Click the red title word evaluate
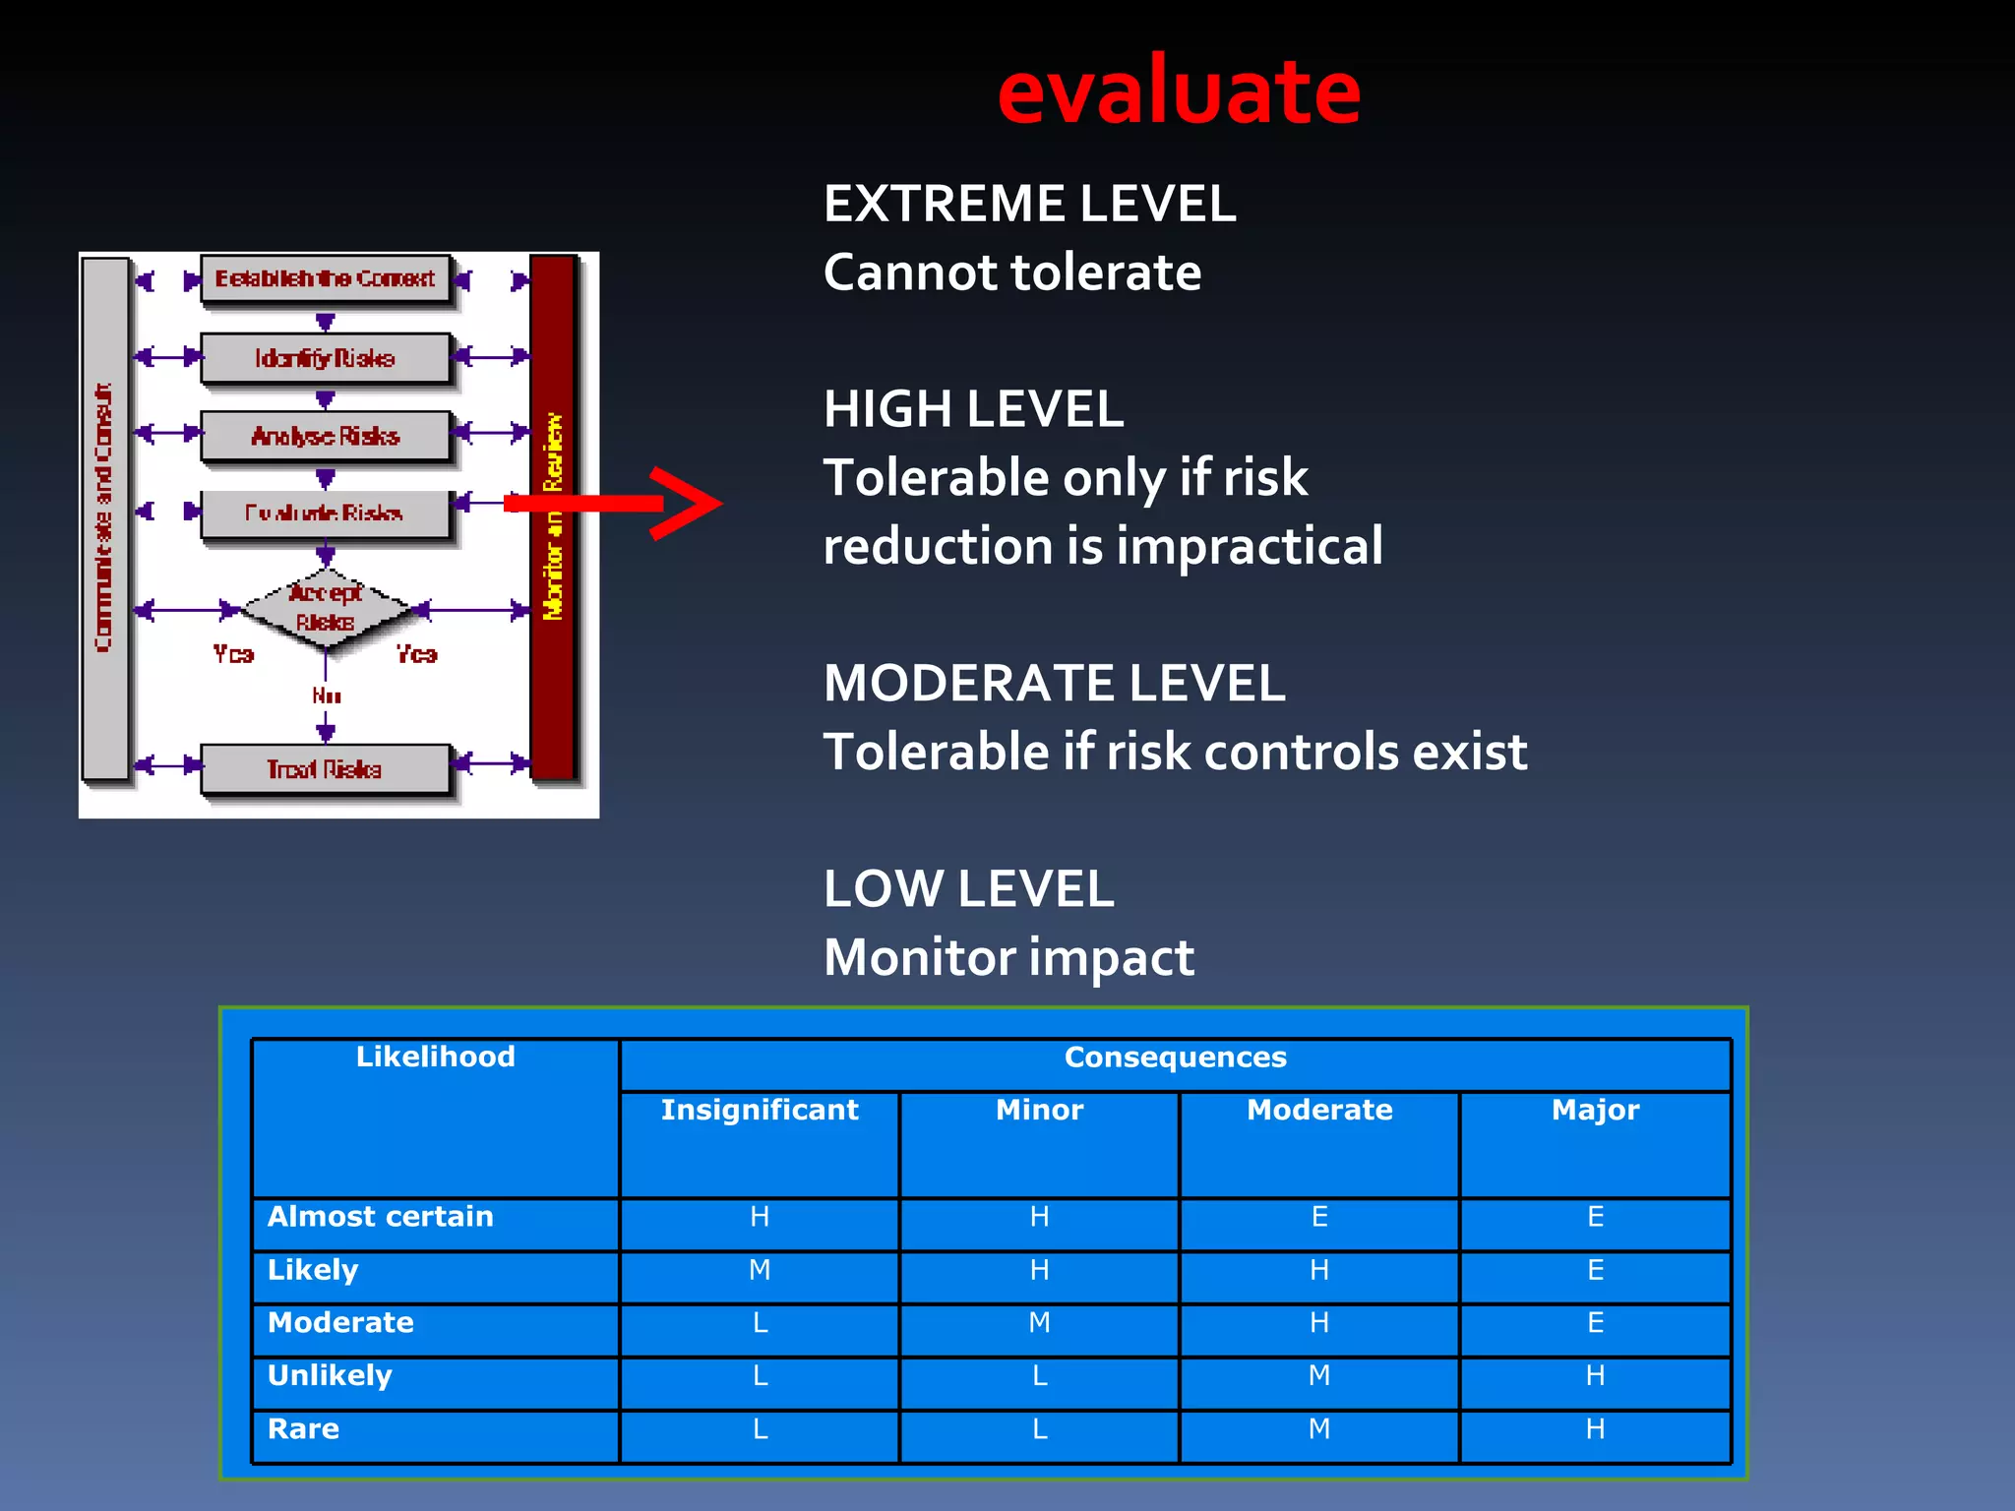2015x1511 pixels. [x=1179, y=91]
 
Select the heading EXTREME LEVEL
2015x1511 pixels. [x=1029, y=204]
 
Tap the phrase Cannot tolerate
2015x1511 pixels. [x=1012, y=272]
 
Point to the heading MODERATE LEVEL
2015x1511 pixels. [x=1054, y=683]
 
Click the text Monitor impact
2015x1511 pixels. [x=1008, y=957]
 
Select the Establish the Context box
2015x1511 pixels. [x=326, y=279]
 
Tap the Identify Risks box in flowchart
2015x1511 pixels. [x=326, y=358]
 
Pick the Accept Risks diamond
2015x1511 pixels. [x=326, y=608]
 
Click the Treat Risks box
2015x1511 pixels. [x=326, y=769]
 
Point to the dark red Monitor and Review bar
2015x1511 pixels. [x=553, y=516]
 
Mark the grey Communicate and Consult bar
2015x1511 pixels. [x=104, y=516]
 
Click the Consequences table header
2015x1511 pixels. [x=1175, y=1058]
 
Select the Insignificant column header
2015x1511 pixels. [x=760, y=1111]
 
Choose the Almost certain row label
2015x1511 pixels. [x=381, y=1217]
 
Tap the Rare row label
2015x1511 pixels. [x=304, y=1429]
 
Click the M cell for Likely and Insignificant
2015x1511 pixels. [x=760, y=1271]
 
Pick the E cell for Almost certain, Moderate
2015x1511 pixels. [x=1319, y=1218]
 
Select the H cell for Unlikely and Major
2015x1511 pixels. [x=1595, y=1376]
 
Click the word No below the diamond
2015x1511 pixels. [x=327, y=696]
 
